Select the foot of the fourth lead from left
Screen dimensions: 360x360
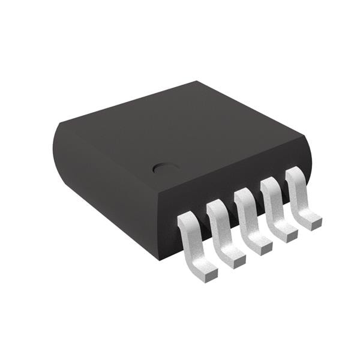point(287,232)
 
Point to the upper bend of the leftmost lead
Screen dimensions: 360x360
point(187,221)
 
